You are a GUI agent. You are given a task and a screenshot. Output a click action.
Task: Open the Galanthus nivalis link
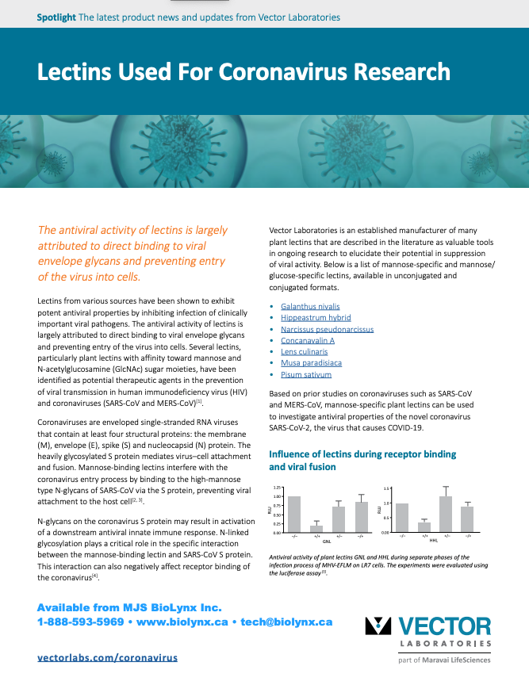pos(310,306)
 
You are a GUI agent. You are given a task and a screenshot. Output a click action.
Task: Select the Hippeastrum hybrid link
pos(316,317)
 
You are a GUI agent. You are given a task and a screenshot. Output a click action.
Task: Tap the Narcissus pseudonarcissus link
pos(327,329)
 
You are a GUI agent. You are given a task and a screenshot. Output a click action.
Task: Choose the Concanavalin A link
pos(308,340)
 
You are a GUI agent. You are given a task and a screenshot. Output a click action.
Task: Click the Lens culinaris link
pos(305,351)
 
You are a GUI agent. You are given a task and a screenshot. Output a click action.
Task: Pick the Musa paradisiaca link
pos(311,362)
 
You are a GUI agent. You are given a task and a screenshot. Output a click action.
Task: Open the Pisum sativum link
pos(305,374)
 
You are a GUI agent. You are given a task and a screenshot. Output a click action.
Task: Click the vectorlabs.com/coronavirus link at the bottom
pos(107,657)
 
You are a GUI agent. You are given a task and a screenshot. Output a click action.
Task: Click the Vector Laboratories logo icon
pos(378,626)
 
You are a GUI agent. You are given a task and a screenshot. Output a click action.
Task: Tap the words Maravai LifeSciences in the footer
pos(454,660)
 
